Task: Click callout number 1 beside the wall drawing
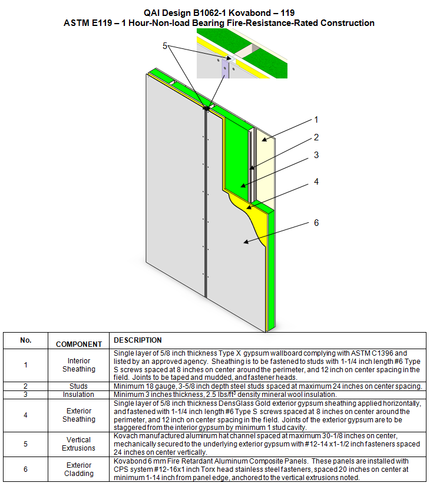(316, 120)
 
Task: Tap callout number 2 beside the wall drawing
(316, 137)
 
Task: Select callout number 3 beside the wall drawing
(316, 155)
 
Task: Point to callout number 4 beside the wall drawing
(316, 182)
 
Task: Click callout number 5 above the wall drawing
(166, 45)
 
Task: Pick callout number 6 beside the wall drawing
(316, 222)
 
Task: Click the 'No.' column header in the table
(25, 340)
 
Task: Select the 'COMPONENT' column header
(79, 344)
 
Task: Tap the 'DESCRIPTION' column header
(138, 340)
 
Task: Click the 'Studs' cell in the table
(79, 386)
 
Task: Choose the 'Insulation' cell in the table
(79, 395)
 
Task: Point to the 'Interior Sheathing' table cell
(79, 365)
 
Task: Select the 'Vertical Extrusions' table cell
(79, 444)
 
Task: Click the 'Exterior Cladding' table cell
(79, 469)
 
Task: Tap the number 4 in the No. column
(25, 415)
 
